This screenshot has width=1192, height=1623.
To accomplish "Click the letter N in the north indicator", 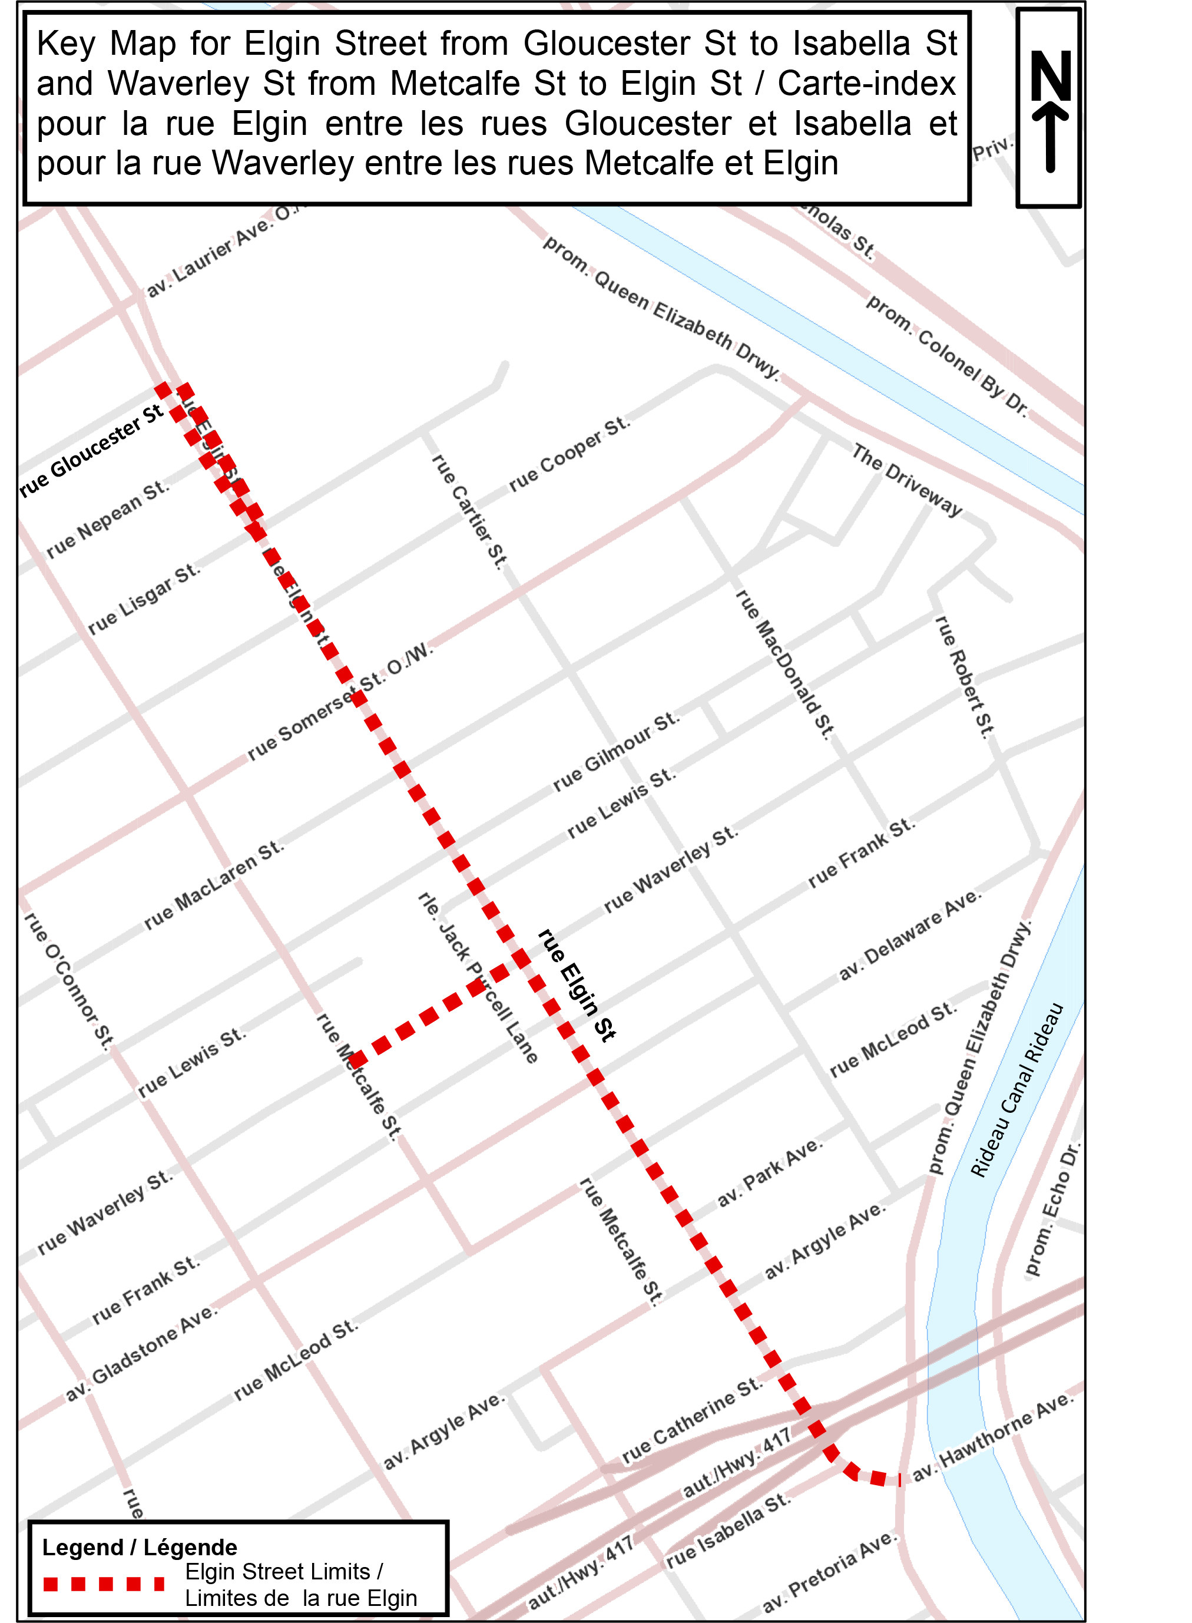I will coord(1050,76).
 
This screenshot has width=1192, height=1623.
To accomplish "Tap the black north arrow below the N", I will coord(1050,137).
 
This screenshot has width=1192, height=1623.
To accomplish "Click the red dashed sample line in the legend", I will coord(104,1585).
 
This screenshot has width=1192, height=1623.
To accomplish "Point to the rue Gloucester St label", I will coord(92,451).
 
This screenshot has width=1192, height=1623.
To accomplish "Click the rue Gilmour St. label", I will coord(615,751).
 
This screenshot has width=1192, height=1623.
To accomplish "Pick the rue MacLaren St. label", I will coord(214,885).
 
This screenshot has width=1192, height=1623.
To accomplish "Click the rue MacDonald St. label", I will coord(784,663).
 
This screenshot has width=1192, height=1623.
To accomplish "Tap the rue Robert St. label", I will coord(964,676).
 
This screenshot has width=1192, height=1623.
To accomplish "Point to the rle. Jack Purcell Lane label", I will coord(478,978).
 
